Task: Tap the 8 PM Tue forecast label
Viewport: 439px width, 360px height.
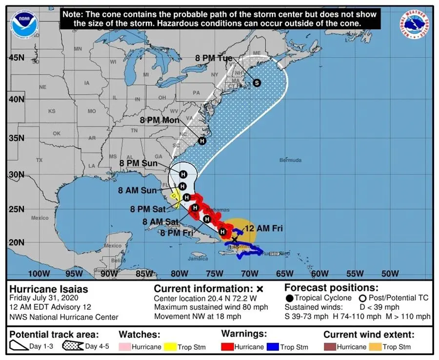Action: pyautogui.click(x=214, y=58)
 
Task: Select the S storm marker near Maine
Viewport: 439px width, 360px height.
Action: pyautogui.click(x=257, y=82)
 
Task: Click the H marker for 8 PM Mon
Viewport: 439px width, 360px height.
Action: pyautogui.click(x=202, y=140)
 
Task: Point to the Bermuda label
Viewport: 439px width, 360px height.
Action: pyautogui.click(x=290, y=160)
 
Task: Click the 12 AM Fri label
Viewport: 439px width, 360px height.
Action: pyautogui.click(x=263, y=228)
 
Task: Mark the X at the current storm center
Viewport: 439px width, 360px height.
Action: pyautogui.click(x=235, y=240)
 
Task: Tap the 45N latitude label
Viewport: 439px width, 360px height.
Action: pyautogui.click(x=16, y=58)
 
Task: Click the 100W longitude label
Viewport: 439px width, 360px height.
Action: pyautogui.click(x=39, y=273)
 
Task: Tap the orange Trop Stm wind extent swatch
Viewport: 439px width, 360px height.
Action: pyautogui.click(x=375, y=347)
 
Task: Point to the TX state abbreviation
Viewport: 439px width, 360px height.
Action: pyautogui.click(x=40, y=160)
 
